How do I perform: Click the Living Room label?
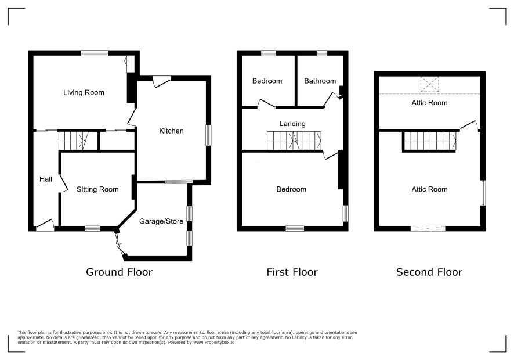tap(84, 93)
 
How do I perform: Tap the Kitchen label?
tap(171, 131)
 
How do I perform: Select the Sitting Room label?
tap(97, 189)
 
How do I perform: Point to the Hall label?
tap(46, 179)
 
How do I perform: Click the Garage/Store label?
tap(161, 221)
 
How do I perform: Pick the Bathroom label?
tap(320, 81)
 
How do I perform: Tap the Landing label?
tap(292, 124)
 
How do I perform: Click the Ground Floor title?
tap(119, 272)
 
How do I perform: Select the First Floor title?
tap(292, 272)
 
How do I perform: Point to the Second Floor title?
tap(429, 272)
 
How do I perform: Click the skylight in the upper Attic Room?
tap(429, 84)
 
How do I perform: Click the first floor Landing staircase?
tap(294, 141)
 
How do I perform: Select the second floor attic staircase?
tap(429, 141)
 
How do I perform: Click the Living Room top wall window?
tap(95, 53)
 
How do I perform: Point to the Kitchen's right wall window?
tap(208, 135)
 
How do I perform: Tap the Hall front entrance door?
tap(45, 225)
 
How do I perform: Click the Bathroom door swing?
tap(333, 99)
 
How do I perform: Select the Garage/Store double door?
tap(120, 243)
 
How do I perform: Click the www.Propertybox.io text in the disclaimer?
tap(213, 342)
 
